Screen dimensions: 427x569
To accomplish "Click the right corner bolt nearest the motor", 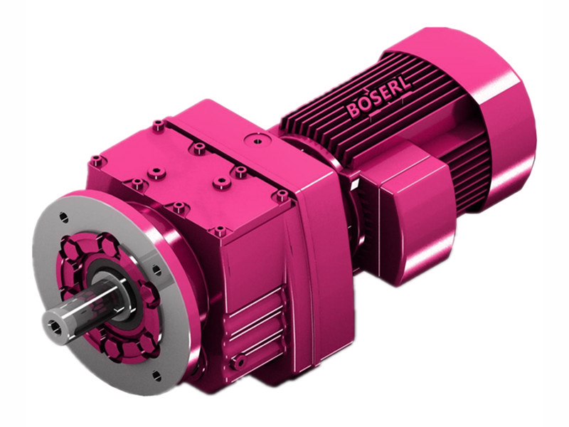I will (282, 194).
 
